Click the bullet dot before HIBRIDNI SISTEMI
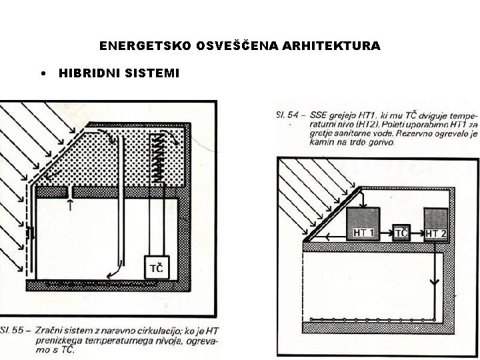coord(43,73)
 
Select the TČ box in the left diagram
coord(158,268)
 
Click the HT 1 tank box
coord(363,223)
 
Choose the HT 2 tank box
coord(436,225)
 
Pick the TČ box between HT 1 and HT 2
coord(401,232)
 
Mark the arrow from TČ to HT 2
coord(417,233)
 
